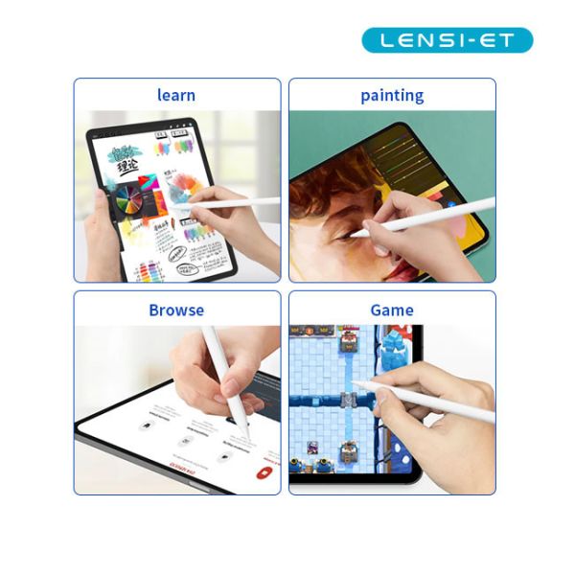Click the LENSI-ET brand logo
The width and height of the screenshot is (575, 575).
(x=447, y=40)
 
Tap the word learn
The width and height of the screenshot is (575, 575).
(x=176, y=95)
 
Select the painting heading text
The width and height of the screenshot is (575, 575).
(x=392, y=95)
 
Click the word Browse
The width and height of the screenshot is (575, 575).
(x=176, y=310)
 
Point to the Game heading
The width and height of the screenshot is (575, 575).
(x=392, y=310)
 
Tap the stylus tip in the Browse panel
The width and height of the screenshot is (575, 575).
(x=246, y=440)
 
